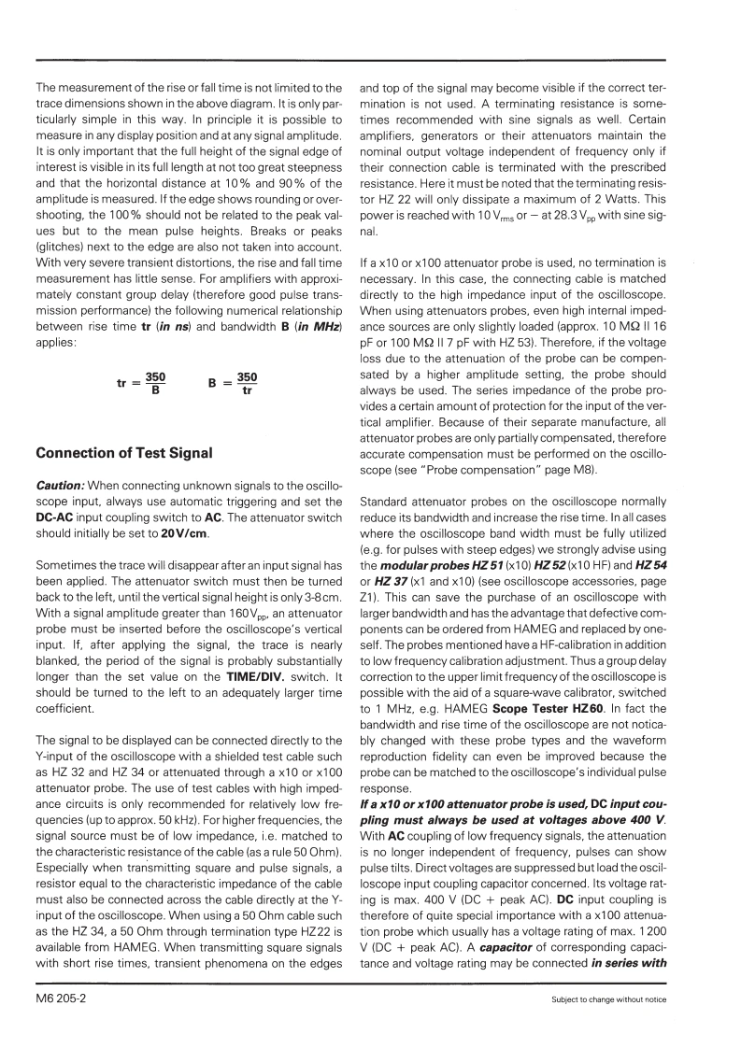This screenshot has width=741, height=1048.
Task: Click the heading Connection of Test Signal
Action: point(123,454)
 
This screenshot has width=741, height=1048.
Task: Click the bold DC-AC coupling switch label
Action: point(62,517)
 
